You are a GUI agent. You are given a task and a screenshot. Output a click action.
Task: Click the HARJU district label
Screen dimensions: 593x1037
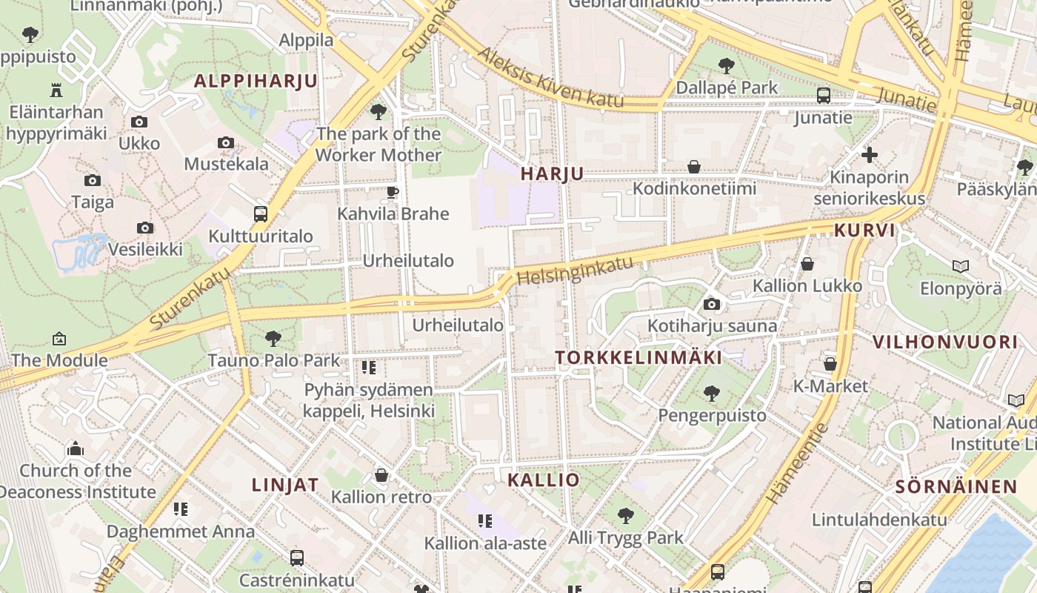pyautogui.click(x=552, y=173)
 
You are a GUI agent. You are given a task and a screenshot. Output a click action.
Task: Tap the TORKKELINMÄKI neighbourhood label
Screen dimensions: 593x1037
pyautogui.click(x=638, y=357)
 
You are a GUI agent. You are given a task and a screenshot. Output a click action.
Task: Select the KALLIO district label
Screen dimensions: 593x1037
pyautogui.click(x=544, y=480)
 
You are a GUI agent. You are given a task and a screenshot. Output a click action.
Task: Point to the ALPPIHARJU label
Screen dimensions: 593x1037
pyautogui.click(x=256, y=81)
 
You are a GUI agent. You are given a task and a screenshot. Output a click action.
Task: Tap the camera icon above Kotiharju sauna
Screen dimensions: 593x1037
pyautogui.click(x=712, y=304)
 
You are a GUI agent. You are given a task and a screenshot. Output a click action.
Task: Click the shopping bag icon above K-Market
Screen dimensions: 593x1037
pyautogui.click(x=830, y=364)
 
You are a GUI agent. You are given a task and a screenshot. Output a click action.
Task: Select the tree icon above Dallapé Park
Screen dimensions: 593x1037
pyautogui.click(x=727, y=66)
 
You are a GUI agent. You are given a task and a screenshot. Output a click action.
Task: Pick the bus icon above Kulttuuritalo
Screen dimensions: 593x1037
pyautogui.click(x=261, y=214)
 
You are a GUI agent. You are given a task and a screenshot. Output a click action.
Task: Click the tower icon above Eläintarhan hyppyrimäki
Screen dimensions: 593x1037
pyautogui.click(x=56, y=90)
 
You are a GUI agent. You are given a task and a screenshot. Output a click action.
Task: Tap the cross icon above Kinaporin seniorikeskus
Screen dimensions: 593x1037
pyautogui.click(x=870, y=155)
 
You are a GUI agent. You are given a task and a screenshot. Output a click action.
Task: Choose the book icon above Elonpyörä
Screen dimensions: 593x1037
pyautogui.click(x=961, y=266)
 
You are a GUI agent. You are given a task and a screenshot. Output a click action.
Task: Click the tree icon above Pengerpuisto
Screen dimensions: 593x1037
pyautogui.click(x=712, y=393)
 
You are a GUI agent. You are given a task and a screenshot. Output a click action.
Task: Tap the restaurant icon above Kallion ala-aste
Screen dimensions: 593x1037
pyautogui.click(x=485, y=521)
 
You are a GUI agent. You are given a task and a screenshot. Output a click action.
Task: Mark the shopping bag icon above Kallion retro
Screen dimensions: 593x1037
pyautogui.click(x=381, y=474)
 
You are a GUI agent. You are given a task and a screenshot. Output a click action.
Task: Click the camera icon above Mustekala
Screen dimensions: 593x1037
pyautogui.click(x=226, y=142)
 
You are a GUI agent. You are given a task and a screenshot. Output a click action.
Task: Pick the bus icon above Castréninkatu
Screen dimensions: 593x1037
pyautogui.click(x=297, y=557)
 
